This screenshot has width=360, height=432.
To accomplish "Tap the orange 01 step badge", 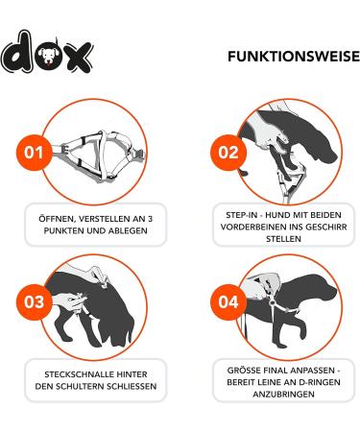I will tap(36, 153).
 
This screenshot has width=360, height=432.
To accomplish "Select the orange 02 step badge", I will tap(228, 153).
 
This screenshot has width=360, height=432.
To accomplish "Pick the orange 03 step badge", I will tap(36, 301).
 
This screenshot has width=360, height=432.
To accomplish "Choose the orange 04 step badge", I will tap(228, 301).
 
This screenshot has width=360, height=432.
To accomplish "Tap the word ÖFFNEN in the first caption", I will tap(52, 218).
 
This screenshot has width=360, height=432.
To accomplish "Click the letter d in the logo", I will tap(16, 56).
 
